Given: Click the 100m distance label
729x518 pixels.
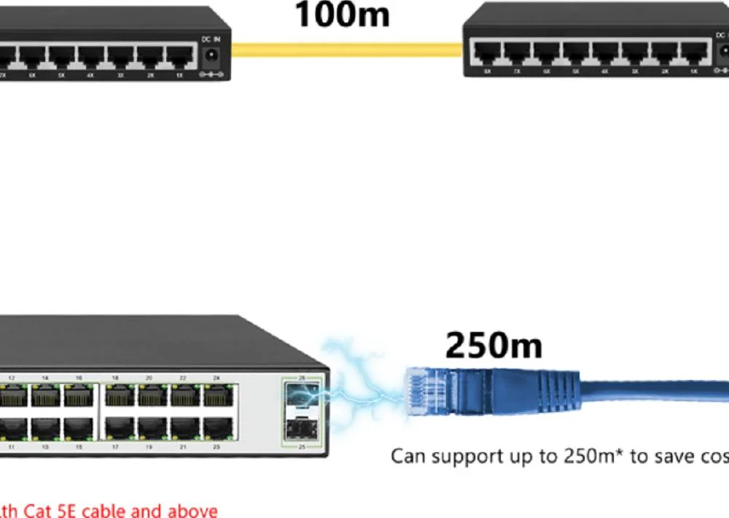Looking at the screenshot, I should [342, 15].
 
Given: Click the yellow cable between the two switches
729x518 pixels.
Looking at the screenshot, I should [347, 50].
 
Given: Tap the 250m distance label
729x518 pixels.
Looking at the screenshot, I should [494, 345].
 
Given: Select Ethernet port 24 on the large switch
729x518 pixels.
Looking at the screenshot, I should [217, 395].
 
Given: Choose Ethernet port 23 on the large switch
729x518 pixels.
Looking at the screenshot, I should [217, 427].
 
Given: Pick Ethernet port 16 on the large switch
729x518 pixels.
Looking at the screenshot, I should [79, 395].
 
